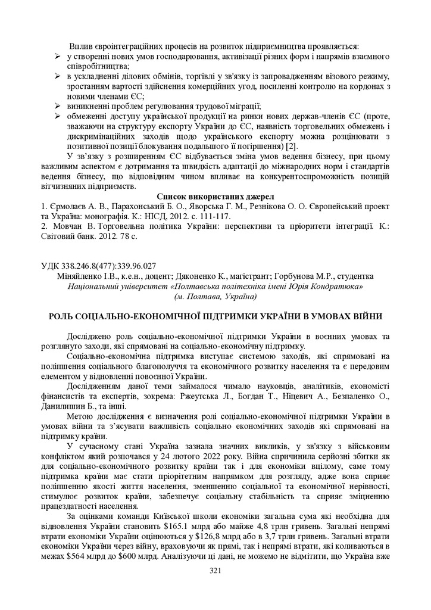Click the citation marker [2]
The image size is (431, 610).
[291, 147]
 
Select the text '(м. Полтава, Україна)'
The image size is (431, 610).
[215, 296]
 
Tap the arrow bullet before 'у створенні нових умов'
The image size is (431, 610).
[58, 56]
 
